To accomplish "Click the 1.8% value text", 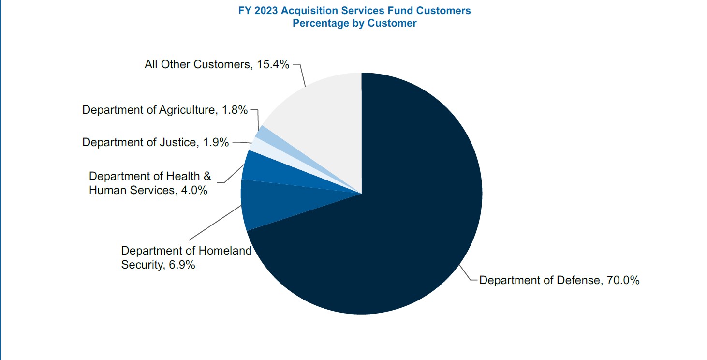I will click(x=235, y=110).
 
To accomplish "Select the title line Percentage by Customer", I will click(x=354, y=23).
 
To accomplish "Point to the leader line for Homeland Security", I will click(x=215, y=222).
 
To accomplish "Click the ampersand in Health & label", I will click(x=207, y=176).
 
